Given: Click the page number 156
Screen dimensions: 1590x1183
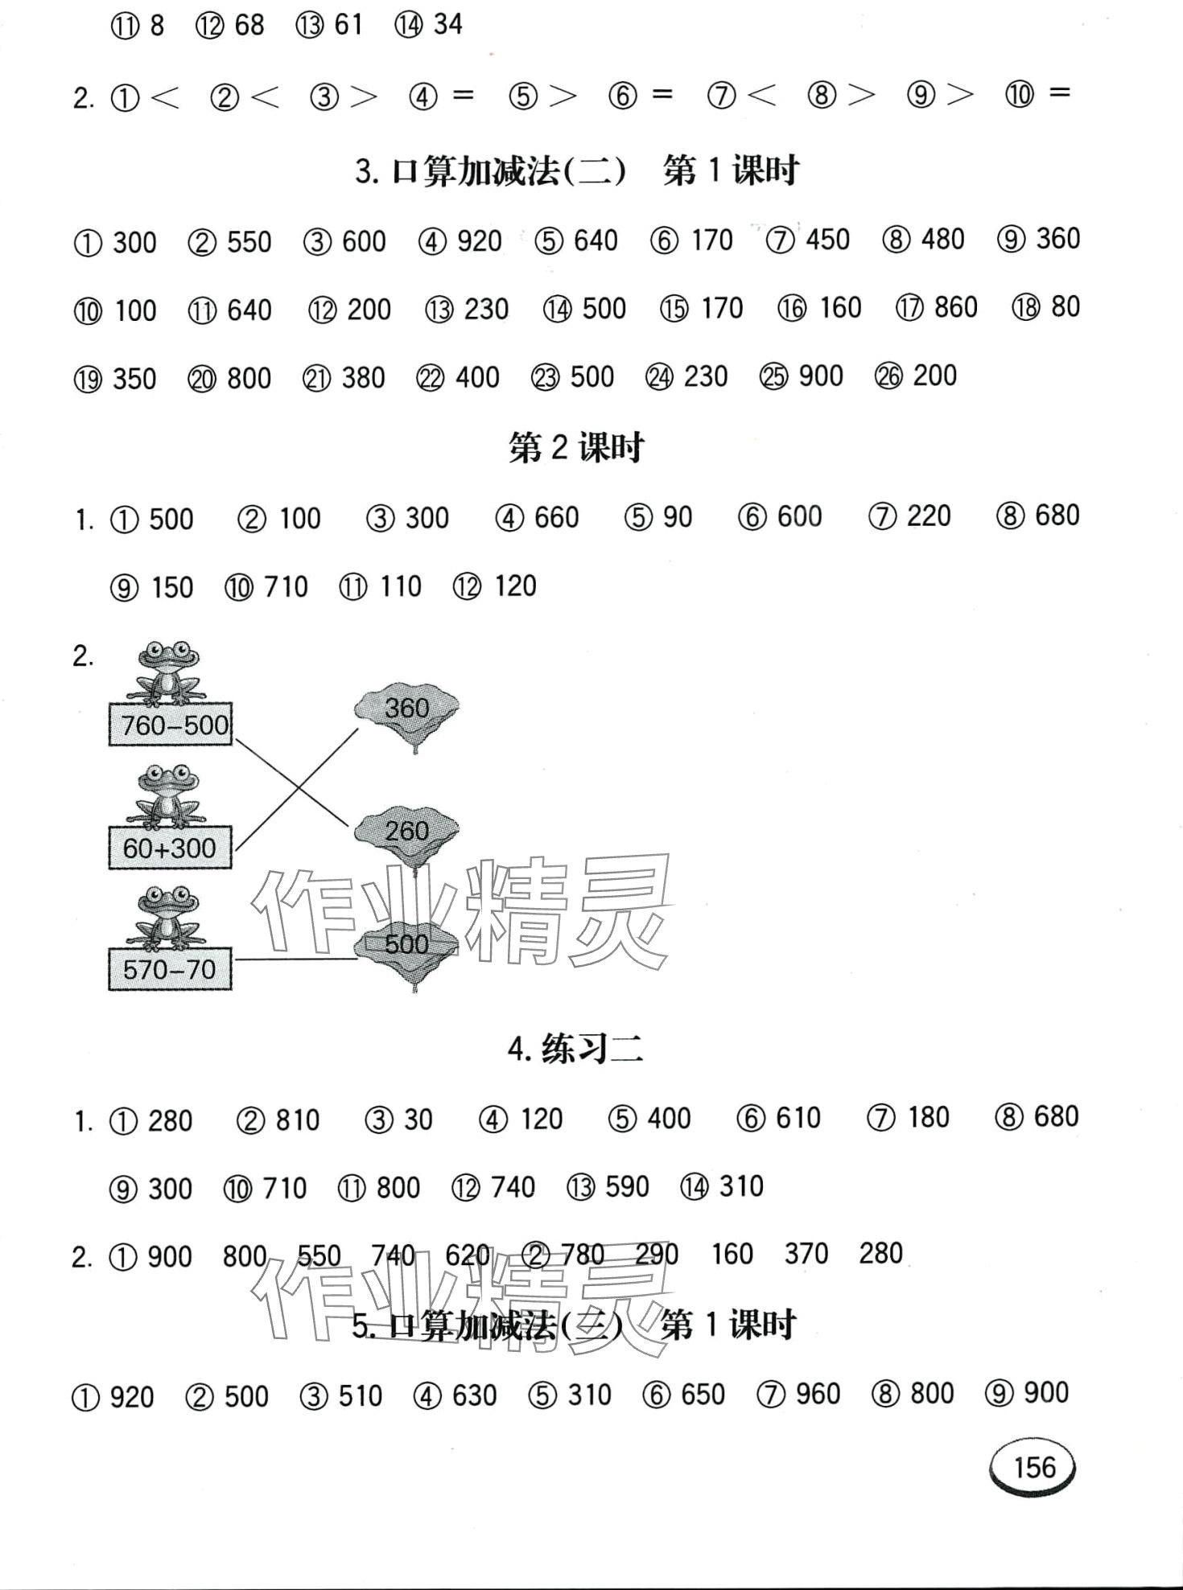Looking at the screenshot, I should pyautogui.click(x=1033, y=1468).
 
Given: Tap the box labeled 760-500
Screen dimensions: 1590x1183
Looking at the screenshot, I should pyautogui.click(x=171, y=725).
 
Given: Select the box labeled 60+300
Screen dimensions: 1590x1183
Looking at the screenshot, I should pyautogui.click(x=170, y=848).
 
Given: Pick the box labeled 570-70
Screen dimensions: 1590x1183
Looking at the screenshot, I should pyautogui.click(x=170, y=970).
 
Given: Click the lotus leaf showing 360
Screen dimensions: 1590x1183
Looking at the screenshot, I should pyautogui.click(x=406, y=709).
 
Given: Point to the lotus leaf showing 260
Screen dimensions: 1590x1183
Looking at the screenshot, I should pyautogui.click(x=406, y=831).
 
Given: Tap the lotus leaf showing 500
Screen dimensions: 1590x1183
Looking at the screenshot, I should pyautogui.click(x=406, y=944).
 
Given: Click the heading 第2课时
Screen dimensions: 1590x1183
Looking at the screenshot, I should pyautogui.click(x=576, y=448).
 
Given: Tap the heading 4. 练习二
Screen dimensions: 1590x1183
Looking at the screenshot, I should pyautogui.click(x=576, y=1049).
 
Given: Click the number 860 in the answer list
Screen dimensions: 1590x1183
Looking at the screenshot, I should pyautogui.click(x=955, y=307).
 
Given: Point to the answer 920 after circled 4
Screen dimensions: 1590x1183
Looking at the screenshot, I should pyautogui.click(x=479, y=240).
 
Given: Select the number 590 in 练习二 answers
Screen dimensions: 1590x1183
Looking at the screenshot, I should pyautogui.click(x=626, y=1187).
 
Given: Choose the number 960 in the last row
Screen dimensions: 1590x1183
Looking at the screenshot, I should pyautogui.click(x=817, y=1394).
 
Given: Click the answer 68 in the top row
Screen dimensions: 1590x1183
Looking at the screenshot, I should pyautogui.click(x=249, y=25).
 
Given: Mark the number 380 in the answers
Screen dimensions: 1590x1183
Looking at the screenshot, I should pyautogui.click(x=363, y=377).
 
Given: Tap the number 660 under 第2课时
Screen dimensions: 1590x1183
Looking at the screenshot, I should pyautogui.click(x=556, y=517).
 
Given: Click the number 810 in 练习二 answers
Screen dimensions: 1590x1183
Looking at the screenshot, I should pyautogui.click(x=297, y=1120).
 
